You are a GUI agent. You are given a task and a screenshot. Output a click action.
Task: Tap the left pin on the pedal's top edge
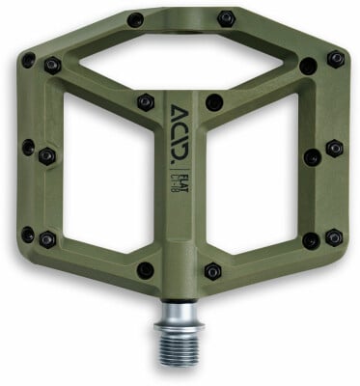[135, 20]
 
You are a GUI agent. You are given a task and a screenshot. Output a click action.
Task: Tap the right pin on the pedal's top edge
[226, 18]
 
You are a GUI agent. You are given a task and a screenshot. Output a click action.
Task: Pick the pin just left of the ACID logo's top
[145, 100]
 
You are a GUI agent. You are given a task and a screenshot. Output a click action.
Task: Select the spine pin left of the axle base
[146, 269]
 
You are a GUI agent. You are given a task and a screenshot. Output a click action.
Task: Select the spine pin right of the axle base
[214, 270]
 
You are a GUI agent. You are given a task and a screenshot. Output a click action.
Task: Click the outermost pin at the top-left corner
[28, 60]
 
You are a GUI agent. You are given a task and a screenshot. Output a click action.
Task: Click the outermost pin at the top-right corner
[334, 59]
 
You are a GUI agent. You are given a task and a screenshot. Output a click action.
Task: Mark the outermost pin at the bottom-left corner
[28, 234]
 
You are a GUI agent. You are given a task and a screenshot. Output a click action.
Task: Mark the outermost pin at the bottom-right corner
[333, 236]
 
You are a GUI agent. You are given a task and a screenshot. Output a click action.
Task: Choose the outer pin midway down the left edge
[28, 148]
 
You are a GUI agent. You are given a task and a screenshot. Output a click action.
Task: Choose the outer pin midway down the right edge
[334, 149]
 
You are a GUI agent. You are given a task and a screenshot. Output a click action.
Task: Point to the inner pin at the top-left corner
[52, 66]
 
